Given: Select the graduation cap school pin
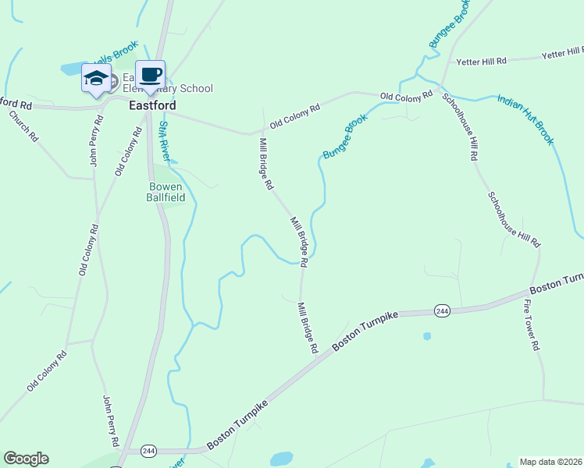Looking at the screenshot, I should tap(96, 79).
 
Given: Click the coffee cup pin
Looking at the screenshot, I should tap(151, 76).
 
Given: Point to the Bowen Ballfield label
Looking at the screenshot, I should tap(165, 192).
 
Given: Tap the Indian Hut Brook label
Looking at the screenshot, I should tap(525, 119).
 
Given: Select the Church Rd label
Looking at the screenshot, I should tap(23, 125).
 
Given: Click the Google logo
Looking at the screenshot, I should tap(26, 459).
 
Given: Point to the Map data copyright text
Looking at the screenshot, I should tap(550, 462).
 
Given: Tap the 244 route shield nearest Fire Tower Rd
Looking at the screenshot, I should tap(442, 310).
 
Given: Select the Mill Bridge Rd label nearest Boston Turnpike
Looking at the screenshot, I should tap(307, 329).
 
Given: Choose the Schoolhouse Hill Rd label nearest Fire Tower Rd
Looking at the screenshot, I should tap(514, 220).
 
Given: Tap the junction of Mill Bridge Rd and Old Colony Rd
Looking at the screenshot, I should tap(262, 133).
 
